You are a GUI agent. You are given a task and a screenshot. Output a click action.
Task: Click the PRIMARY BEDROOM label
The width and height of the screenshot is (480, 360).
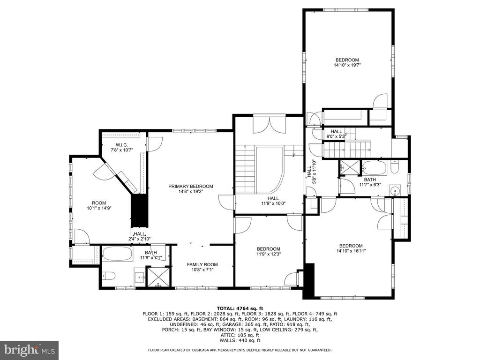click(191, 186)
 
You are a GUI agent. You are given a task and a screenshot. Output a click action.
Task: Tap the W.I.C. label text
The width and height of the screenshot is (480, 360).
click(121, 145)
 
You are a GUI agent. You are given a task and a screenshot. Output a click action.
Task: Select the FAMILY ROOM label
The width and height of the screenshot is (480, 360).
click(202, 264)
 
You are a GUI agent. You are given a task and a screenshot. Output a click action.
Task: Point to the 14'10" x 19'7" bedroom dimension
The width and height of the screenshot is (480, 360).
click(347, 65)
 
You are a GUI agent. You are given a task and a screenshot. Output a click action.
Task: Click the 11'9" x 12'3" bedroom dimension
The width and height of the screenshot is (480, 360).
click(269, 254)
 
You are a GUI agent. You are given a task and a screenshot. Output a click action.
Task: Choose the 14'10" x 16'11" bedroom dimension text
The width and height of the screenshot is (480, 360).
click(351, 251)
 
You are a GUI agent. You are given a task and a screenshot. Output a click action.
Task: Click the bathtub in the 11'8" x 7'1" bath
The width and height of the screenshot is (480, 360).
click(118, 254)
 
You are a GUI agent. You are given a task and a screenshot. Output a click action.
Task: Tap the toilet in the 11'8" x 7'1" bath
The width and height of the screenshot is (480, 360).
click(108, 276)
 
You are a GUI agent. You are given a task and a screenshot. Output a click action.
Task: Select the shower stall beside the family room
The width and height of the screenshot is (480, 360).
click(158, 277)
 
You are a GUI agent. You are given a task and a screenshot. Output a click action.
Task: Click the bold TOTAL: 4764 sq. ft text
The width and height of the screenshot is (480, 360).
click(240, 308)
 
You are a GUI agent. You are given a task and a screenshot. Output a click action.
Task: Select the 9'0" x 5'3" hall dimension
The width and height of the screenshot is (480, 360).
click(336, 136)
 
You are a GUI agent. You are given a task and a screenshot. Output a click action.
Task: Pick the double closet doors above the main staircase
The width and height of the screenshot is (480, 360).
click(270, 125)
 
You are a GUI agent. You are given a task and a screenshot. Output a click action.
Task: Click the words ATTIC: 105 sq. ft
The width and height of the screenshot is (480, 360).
click(240, 335)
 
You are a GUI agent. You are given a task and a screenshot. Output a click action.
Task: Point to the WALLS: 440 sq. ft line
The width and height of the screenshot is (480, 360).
click(240, 340)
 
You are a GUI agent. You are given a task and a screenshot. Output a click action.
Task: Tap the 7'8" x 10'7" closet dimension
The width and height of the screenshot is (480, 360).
click(121, 150)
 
